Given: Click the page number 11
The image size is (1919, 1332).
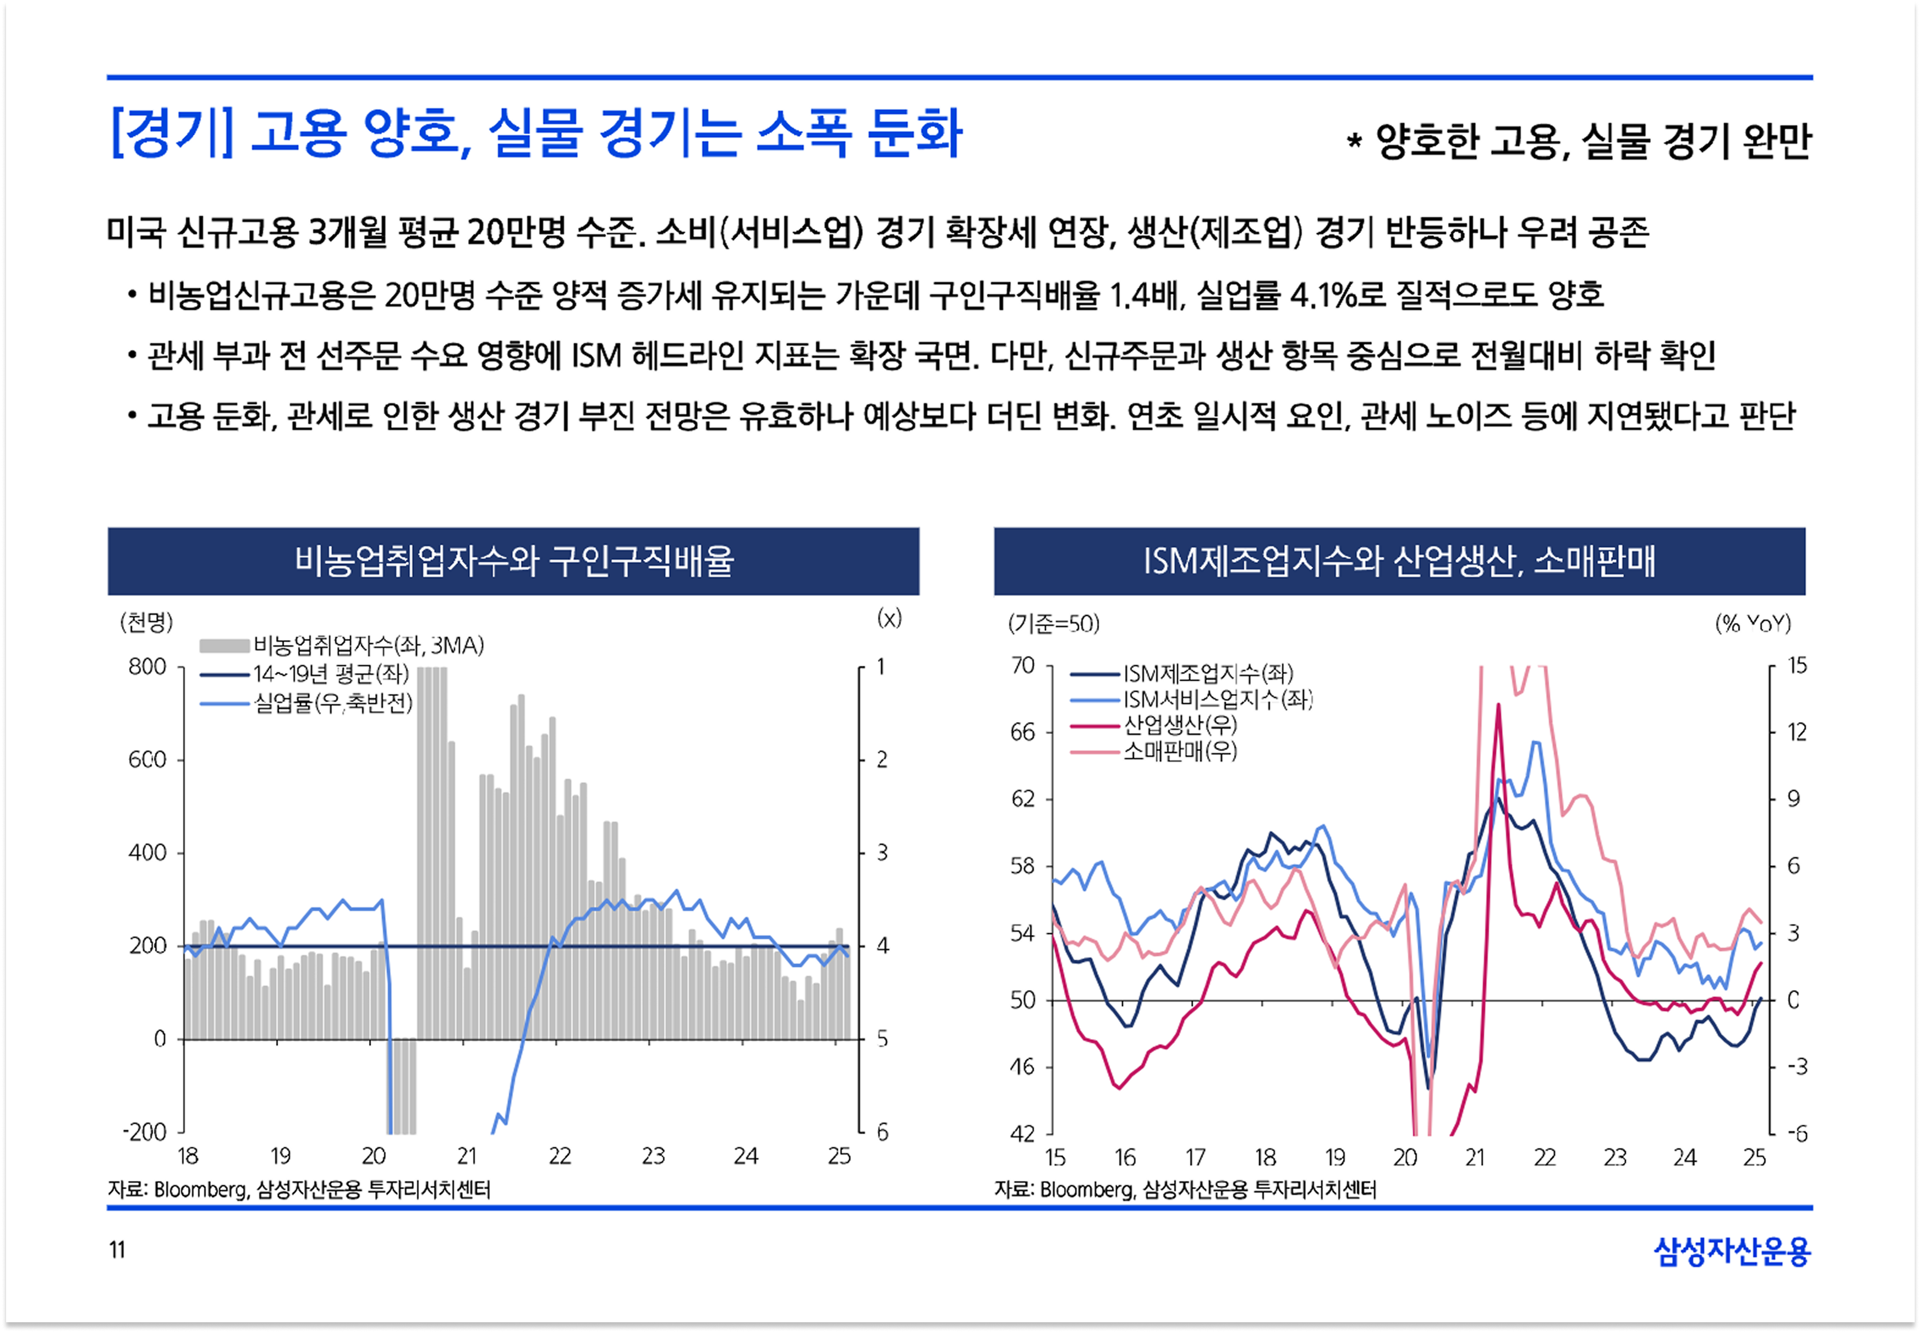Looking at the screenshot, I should tap(117, 1249).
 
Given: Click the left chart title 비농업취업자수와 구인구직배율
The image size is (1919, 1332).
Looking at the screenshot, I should tap(513, 561).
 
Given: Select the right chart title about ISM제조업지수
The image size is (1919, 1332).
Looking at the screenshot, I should tap(1399, 561).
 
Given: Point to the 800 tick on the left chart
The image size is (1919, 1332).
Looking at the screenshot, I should tap(147, 667).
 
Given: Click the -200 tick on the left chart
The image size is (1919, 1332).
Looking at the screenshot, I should tap(144, 1132).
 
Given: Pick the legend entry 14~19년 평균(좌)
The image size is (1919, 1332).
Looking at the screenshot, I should tap(330, 674).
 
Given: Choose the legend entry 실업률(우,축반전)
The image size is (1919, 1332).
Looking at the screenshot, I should tap(333, 703).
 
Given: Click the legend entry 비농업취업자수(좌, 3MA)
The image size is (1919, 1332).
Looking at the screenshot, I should tap(368, 645).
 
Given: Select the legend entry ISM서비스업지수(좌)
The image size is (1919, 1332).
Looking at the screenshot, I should tap(1217, 699).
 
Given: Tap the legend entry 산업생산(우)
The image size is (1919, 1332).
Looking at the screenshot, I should tap(1180, 724).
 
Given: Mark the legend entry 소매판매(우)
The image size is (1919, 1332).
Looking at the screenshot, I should tap(1180, 751).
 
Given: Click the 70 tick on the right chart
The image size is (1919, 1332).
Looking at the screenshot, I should tap(1023, 666).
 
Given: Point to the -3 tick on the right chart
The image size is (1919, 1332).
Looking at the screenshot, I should tap(1797, 1066).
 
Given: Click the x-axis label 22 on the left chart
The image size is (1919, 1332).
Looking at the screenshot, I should tap(560, 1156).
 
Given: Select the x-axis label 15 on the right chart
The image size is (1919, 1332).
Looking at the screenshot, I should tap(1055, 1158).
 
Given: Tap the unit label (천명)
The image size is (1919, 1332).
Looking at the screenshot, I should tap(146, 622).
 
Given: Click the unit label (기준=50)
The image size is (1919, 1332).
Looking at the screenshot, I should tap(1054, 623).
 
